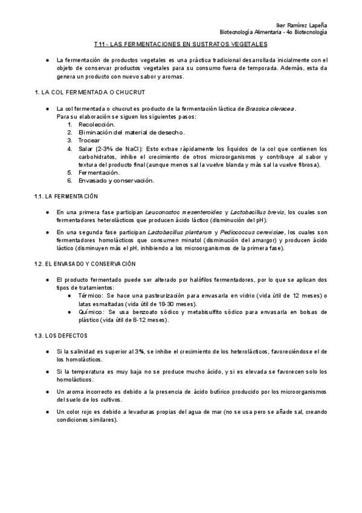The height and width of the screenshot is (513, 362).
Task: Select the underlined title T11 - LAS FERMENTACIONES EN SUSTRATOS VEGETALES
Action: tap(181, 44)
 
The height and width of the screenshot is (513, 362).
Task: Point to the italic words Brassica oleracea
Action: tap(270, 108)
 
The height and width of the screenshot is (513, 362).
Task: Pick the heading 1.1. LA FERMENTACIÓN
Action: tap(66, 197)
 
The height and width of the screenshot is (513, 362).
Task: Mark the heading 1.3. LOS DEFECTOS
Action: tap(61, 335)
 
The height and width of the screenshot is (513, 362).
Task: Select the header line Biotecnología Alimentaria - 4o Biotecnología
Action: tap(273, 32)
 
